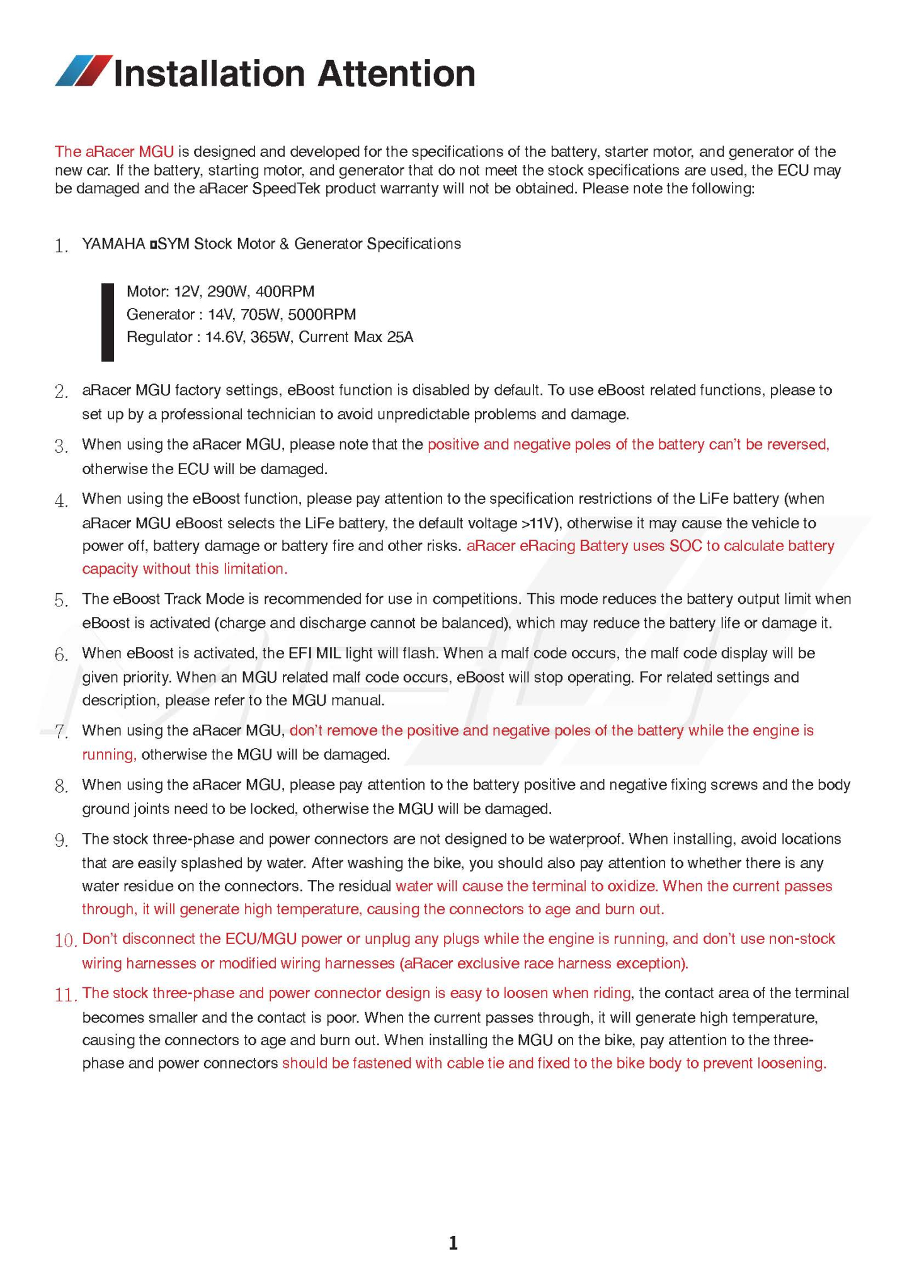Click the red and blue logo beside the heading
(84, 71)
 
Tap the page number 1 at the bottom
(453, 1242)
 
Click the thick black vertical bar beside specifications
(108, 322)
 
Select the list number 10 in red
(65, 941)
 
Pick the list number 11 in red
(65, 995)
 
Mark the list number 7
(61, 732)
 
